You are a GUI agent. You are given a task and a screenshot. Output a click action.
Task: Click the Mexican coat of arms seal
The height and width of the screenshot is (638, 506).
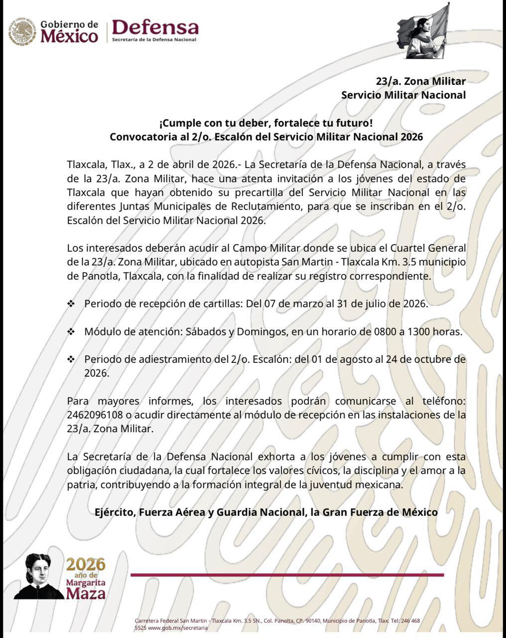click(22, 32)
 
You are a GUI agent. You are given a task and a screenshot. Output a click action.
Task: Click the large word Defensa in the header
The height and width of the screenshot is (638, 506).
click(155, 27)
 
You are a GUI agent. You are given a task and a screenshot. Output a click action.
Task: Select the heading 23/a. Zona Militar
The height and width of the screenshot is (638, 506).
click(421, 81)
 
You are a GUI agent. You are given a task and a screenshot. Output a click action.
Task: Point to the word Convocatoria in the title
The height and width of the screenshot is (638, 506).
click(142, 137)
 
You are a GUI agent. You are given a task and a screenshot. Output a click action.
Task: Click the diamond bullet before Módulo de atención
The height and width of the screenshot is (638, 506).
click(71, 331)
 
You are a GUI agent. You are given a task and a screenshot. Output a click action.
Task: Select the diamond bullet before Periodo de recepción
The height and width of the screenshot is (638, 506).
click(71, 304)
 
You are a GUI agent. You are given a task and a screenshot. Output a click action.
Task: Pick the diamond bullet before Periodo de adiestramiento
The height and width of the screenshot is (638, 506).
click(71, 359)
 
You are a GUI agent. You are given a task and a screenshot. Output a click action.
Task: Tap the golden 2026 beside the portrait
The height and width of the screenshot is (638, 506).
click(86, 564)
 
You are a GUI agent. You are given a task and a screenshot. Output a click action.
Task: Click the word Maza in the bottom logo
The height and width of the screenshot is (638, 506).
click(86, 593)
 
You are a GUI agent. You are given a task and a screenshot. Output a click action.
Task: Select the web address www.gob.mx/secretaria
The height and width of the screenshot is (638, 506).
click(177, 628)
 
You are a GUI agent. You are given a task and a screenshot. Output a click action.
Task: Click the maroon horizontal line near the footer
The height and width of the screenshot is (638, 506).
click(286, 575)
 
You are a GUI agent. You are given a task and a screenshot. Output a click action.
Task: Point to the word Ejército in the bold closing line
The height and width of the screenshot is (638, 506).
click(116, 512)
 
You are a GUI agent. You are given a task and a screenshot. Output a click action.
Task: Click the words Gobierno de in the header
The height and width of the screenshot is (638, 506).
click(69, 24)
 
